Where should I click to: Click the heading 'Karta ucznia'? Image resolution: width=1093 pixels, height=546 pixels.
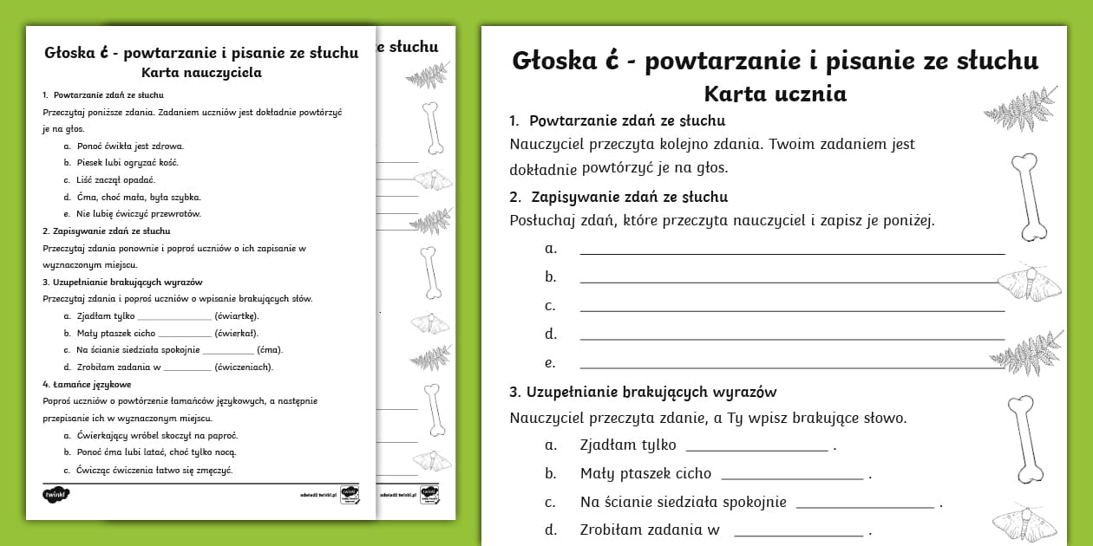(775, 93)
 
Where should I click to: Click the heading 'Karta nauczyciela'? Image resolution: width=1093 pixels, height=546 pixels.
(200, 73)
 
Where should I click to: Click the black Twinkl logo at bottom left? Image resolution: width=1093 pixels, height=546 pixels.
(55, 495)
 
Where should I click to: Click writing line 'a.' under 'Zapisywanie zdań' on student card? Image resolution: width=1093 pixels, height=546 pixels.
(791, 250)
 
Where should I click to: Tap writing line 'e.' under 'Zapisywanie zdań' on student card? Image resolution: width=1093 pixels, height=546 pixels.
(791, 365)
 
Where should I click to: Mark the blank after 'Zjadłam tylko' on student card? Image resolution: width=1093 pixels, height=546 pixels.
(756, 448)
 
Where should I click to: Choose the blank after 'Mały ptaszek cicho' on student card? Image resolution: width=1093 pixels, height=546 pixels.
(791, 476)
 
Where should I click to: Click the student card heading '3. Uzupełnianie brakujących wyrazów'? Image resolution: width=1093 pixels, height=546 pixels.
(643, 392)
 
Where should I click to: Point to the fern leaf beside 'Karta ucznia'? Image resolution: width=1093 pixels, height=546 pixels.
(1023, 106)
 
